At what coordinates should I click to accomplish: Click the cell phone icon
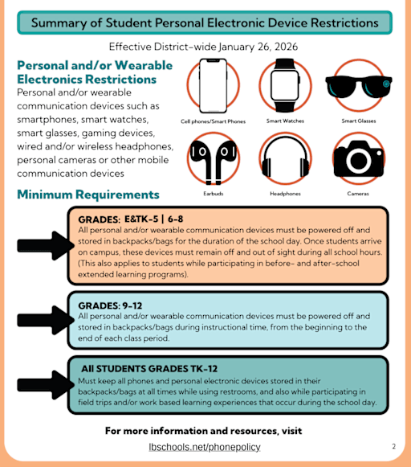214,86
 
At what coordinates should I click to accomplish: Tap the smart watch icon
285,86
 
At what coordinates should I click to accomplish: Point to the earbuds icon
213,158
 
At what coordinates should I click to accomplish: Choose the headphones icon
285,158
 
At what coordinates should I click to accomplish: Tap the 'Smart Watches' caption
285,121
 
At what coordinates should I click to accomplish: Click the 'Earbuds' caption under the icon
213,194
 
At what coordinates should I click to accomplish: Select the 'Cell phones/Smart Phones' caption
214,121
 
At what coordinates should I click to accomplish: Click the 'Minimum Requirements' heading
88,195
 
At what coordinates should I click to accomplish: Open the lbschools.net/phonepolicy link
205,447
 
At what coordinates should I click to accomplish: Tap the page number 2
393,446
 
